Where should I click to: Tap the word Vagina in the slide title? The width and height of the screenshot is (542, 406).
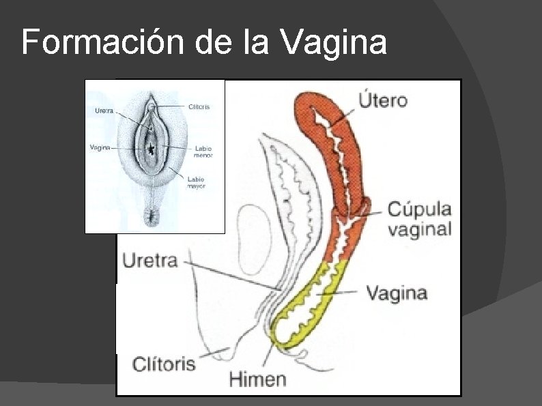pyautogui.click(x=333, y=44)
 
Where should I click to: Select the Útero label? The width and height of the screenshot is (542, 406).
pyautogui.click(x=382, y=100)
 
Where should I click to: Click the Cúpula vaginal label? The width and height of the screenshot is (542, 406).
pyautogui.click(x=420, y=218)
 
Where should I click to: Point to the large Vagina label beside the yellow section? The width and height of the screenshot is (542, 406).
pyautogui.click(x=397, y=293)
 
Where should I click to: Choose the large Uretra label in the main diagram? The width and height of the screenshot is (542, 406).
pyautogui.click(x=150, y=260)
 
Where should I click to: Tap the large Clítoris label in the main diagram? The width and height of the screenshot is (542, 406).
pyautogui.click(x=164, y=362)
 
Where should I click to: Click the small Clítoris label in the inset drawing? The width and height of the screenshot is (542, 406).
pyautogui.click(x=199, y=106)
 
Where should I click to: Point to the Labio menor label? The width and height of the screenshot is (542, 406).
pyautogui.click(x=203, y=151)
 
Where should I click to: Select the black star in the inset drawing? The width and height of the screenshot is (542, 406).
pyautogui.click(x=150, y=148)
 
